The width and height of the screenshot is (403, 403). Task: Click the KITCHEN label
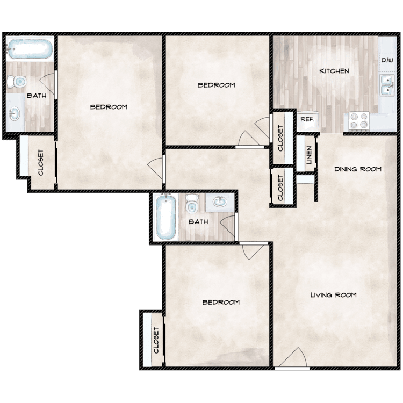[x=334, y=71]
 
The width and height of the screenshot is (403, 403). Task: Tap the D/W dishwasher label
[x=387, y=61]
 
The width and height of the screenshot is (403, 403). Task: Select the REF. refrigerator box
[x=307, y=119]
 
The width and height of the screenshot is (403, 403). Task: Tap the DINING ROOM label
[x=357, y=169]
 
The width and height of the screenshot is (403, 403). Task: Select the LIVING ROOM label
[x=333, y=295]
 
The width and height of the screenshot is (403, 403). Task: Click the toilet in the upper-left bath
[x=18, y=82]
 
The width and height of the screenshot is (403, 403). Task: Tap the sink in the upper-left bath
[x=16, y=113]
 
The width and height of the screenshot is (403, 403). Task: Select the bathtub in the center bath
[x=165, y=217]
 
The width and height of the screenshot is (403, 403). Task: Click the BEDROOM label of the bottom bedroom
[x=220, y=303]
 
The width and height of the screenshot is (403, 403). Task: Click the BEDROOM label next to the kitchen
[x=216, y=85]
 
